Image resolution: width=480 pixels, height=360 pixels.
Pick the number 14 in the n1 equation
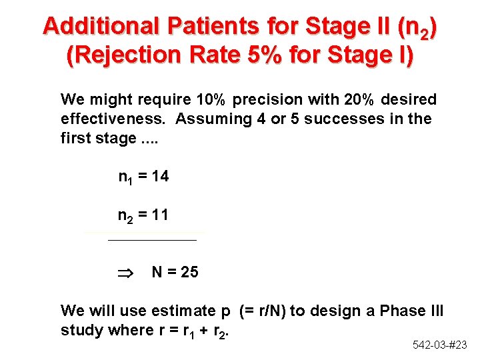160,177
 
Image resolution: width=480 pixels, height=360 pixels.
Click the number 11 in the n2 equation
160,215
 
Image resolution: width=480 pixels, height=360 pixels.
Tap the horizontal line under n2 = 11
152,239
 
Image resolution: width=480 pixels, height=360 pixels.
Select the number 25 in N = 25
189,272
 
